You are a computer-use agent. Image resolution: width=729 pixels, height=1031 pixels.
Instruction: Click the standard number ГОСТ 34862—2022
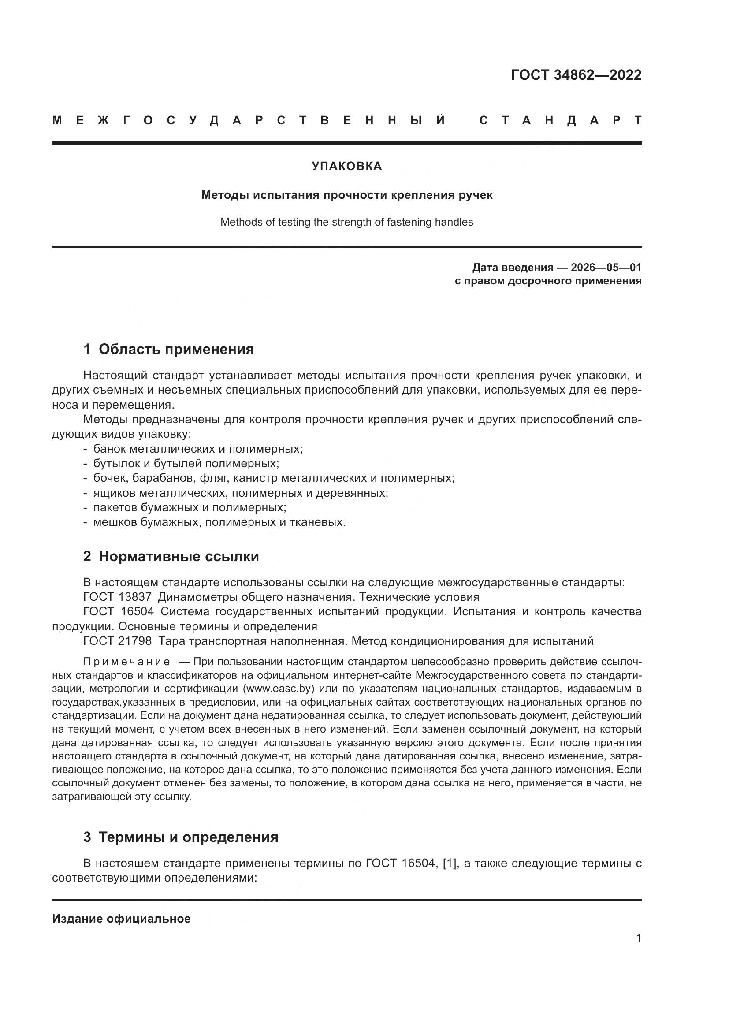(576, 75)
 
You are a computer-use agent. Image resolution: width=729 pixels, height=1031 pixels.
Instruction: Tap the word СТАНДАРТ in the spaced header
(560, 120)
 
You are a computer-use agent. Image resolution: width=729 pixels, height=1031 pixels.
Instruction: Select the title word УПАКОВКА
(346, 166)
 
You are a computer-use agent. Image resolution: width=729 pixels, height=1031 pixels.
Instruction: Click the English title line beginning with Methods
(346, 222)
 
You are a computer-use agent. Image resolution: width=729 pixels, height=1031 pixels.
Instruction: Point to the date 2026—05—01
(606, 268)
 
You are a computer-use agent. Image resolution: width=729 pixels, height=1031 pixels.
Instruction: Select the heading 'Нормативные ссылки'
(179, 556)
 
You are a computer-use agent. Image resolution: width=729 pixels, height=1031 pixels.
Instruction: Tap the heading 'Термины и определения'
(188, 837)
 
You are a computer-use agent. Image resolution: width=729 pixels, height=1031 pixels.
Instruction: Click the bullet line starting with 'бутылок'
(186, 463)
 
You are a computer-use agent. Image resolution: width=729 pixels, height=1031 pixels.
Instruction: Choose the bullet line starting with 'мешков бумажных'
(219, 522)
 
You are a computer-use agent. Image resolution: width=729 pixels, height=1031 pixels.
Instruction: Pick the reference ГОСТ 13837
(118, 597)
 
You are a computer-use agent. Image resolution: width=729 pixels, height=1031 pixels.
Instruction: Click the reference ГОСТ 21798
(118, 641)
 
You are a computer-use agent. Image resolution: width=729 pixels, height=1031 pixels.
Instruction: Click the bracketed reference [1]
(449, 863)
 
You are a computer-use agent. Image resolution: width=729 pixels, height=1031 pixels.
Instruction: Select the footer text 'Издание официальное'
(121, 919)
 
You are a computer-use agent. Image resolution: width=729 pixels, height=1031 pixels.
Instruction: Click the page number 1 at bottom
(639, 938)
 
